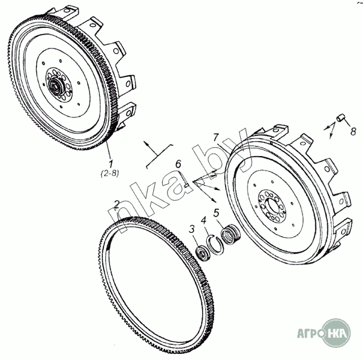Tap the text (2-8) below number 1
[110, 173]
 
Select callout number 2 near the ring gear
[117, 204]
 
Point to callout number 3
[192, 229]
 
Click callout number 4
[204, 220]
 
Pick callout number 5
[216, 213]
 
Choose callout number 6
[178, 164]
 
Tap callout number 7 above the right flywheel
[216, 137]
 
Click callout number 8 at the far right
[353, 131]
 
